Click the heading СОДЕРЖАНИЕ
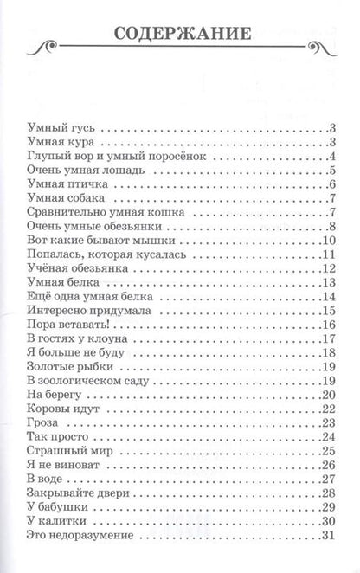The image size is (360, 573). (182, 35)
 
